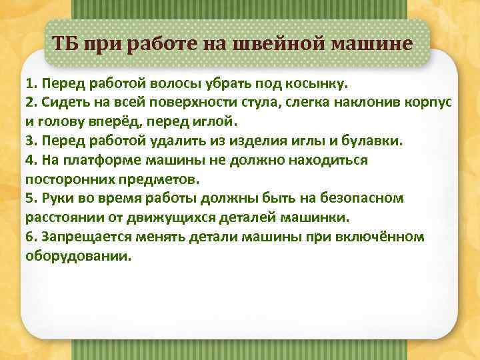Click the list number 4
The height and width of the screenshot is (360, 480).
[29, 161]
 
